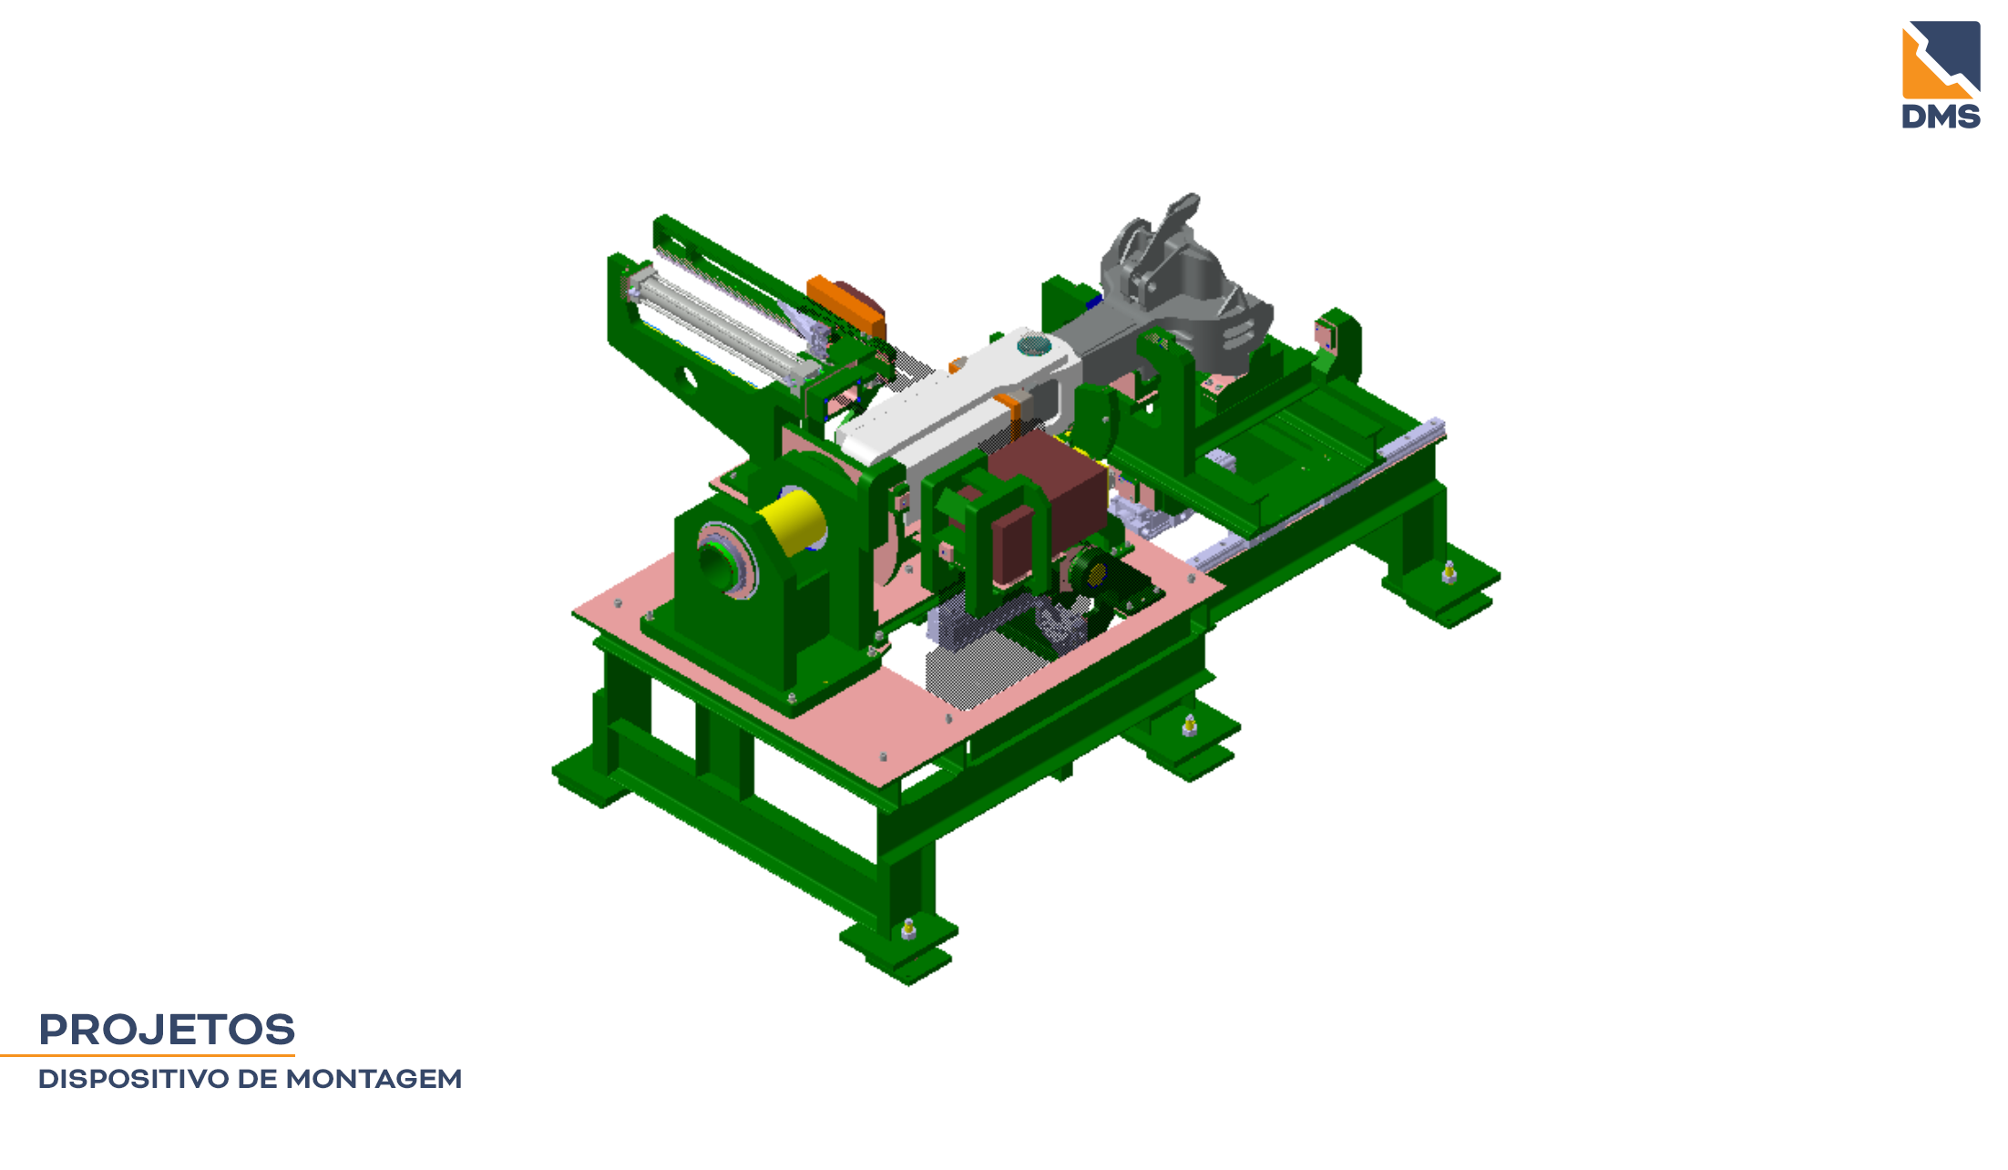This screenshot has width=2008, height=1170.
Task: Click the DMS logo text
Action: click(x=1941, y=116)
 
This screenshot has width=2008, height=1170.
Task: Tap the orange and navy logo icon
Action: click(x=1941, y=59)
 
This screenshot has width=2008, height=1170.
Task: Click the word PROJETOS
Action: click(x=167, y=1030)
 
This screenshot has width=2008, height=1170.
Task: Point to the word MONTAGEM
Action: click(x=374, y=1079)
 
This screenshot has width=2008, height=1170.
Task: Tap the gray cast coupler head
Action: click(x=1184, y=282)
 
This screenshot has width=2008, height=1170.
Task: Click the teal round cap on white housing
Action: click(x=1033, y=346)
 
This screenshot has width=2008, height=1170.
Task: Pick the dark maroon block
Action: click(x=1048, y=506)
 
